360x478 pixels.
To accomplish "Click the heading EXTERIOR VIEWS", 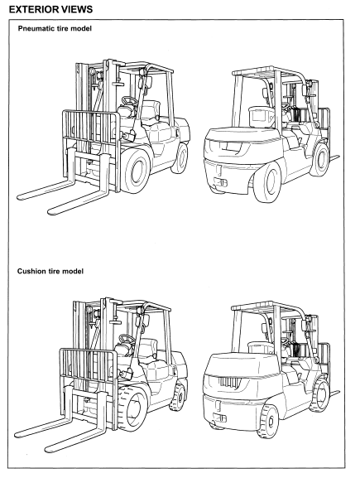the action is coord(50,9).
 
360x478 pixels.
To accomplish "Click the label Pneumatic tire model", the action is coord(55,28).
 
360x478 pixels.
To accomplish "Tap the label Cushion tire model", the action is coord(50,271).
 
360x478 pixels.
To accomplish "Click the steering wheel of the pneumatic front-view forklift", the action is coord(128,101).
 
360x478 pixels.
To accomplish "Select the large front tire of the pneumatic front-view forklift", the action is coord(135,171).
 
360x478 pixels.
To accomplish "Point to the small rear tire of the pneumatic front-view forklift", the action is coord(180,158).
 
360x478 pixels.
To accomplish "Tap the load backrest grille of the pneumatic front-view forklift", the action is coord(91,126).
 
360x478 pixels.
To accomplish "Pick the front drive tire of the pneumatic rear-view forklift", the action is coord(320,160).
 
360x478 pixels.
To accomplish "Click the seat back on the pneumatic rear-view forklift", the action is coord(262,117).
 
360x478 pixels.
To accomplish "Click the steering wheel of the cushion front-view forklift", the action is coord(127,339).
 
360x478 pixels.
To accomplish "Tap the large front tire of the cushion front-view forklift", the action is coord(132,408).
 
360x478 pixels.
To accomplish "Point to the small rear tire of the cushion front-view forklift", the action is coord(179,397).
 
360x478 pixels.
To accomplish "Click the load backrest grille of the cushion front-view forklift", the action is coord(89,365).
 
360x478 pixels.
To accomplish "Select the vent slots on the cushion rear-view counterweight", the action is coord(226,382).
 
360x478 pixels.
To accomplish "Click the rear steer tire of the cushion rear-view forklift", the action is coord(268,421).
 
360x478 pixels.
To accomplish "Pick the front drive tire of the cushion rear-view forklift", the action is coord(319,395).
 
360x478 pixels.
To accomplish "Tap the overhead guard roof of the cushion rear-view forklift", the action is coord(264,307).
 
